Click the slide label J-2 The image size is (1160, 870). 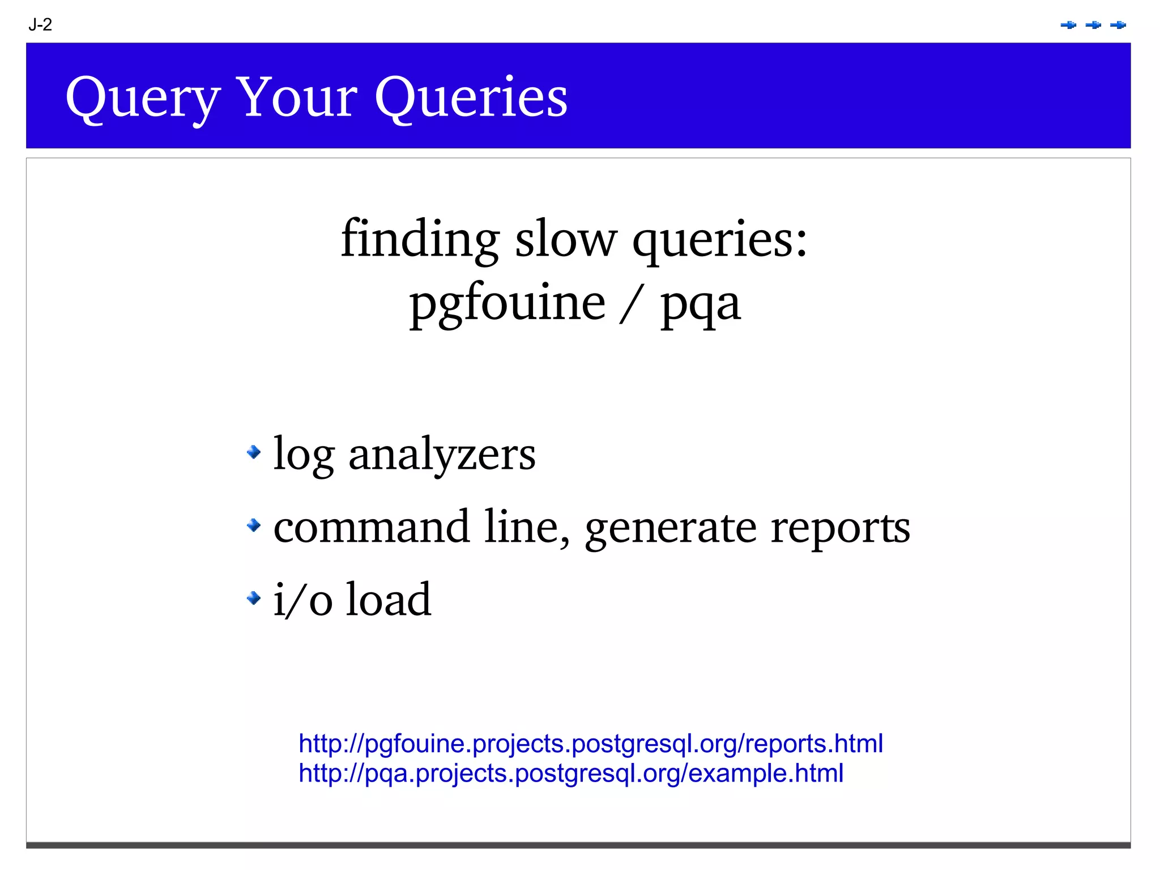[40, 25]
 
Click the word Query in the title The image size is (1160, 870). [142, 98]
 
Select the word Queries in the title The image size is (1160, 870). [471, 98]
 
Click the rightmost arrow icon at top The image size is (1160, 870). [1118, 25]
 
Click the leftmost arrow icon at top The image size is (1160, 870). [1068, 25]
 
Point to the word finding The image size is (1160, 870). [420, 239]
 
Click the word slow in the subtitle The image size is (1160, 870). [565, 239]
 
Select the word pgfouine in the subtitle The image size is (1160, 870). [507, 304]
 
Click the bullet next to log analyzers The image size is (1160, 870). [254, 452]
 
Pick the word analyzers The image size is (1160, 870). [441, 454]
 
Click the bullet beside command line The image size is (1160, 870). [254, 525]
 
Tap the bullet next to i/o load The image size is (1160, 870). [254, 597]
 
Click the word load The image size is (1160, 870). [388, 599]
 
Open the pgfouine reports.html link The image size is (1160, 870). [590, 743]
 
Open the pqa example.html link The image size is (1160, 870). [570, 773]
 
